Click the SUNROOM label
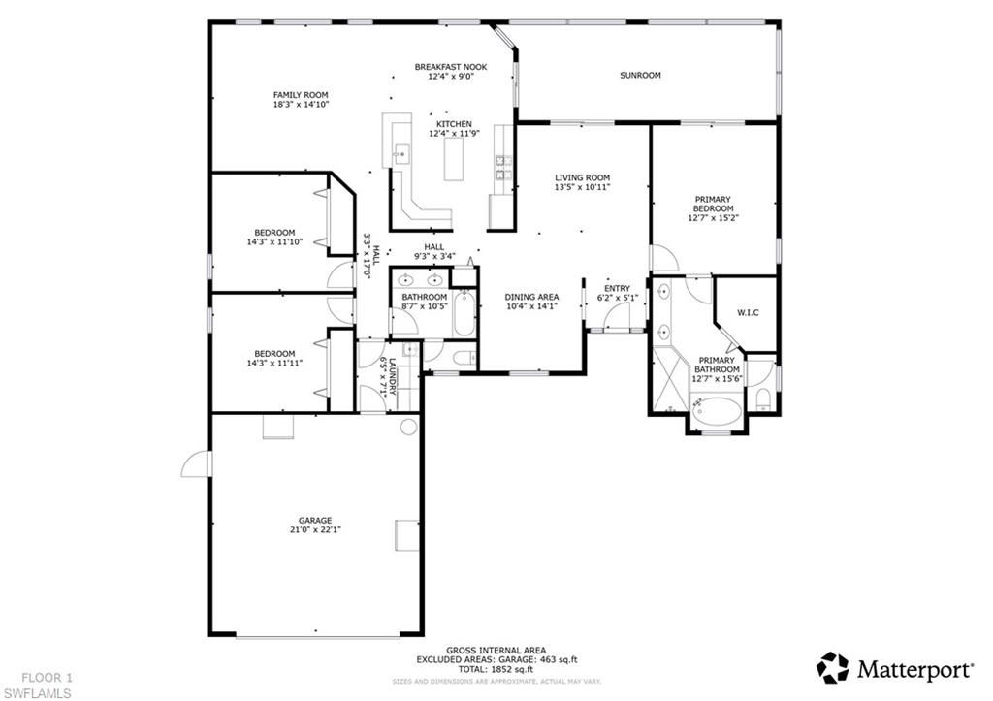tap(640, 75)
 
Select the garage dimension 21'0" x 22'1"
tap(314, 529)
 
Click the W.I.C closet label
tap(748, 312)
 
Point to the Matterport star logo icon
tap(832, 667)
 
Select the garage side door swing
tap(197, 464)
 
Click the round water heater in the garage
tap(408, 427)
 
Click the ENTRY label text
tap(617, 288)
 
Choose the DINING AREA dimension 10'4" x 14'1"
tap(531, 306)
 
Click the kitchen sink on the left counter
tap(400, 152)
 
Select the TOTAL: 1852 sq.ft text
tap(496, 670)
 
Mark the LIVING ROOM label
tap(582, 177)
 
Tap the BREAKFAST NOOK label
tap(451, 67)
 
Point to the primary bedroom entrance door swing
tap(663, 259)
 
